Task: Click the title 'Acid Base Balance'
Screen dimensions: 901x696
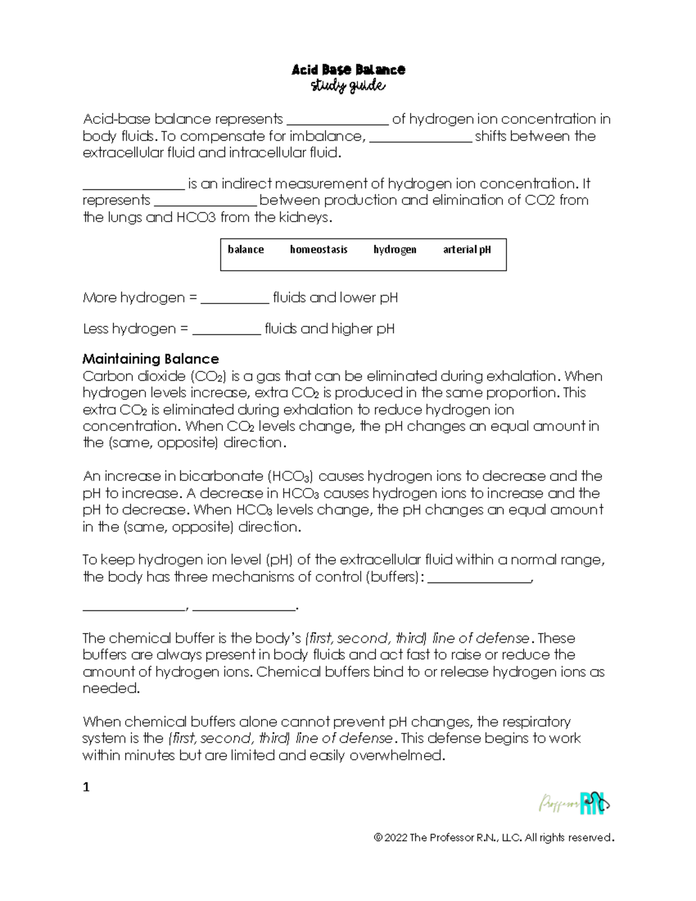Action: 348,70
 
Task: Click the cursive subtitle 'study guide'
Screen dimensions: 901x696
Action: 348,86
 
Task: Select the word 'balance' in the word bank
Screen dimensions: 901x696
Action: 245,249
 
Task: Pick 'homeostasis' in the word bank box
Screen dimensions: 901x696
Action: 318,249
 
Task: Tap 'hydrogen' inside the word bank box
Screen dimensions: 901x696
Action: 394,249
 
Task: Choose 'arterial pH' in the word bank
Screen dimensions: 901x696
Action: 467,249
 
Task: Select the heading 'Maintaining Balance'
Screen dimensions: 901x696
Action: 150,359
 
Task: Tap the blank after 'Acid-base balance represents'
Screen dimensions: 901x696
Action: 338,121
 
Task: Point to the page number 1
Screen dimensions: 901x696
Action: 86,787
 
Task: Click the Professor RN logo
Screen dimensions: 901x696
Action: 574,804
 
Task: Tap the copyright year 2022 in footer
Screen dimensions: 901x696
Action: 396,838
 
